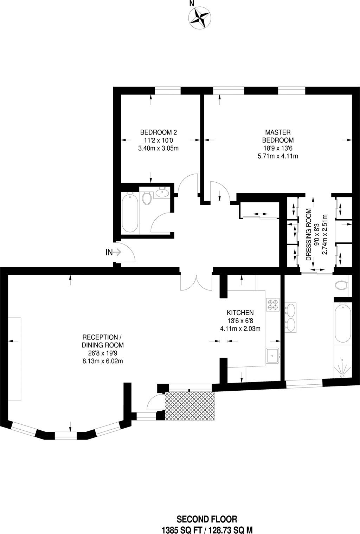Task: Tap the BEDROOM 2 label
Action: point(159,132)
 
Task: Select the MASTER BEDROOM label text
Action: point(278,136)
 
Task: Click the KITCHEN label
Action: point(240,313)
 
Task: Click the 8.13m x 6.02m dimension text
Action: point(103,361)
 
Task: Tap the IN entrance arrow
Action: point(117,252)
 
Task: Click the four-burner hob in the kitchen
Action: point(273,305)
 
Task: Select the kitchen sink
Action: point(272,356)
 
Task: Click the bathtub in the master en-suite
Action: point(343,323)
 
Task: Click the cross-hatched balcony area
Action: point(189,405)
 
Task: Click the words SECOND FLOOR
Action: point(207,519)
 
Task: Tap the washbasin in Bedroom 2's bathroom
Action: point(162,192)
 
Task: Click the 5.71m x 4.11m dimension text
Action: point(278,156)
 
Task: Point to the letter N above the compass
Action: point(191,4)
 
